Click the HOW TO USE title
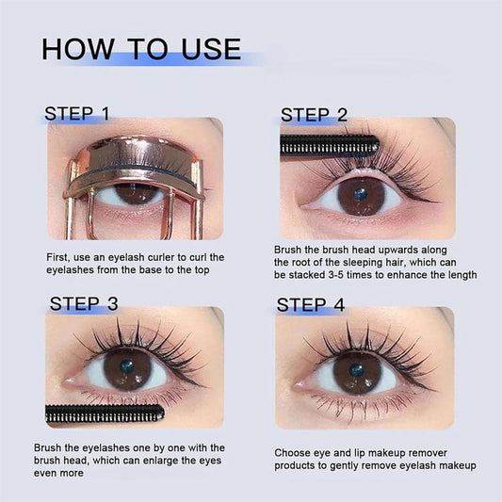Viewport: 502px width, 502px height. click(x=141, y=49)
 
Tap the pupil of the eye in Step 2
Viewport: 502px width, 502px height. click(x=361, y=195)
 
